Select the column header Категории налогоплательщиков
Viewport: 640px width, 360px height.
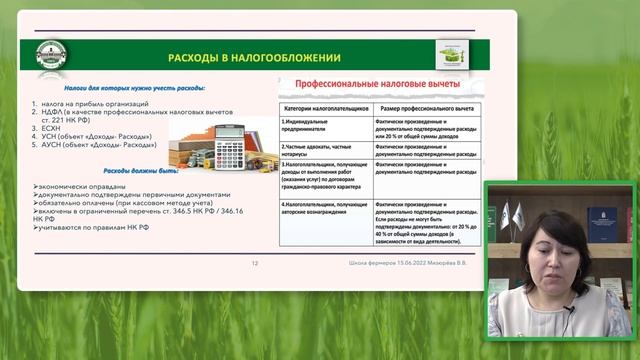pyautogui.click(x=326, y=106)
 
